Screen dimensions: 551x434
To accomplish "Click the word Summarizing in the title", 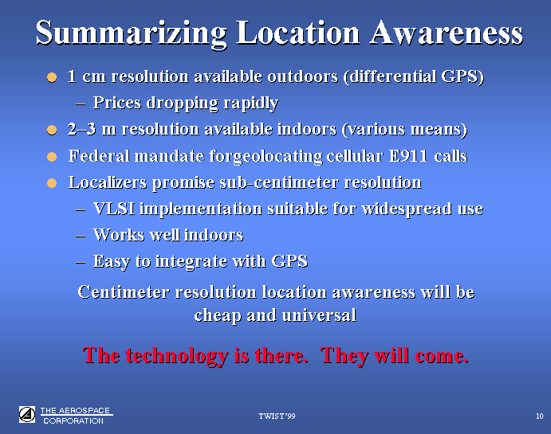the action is [131, 33].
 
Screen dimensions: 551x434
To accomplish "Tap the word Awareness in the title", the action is [446, 33].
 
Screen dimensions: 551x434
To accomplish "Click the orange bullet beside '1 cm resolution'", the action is [52, 77].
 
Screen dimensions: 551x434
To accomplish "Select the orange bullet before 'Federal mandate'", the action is [52, 156].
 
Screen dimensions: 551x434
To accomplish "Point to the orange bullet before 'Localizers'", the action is [52, 183].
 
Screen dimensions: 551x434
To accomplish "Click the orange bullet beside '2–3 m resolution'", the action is [52, 130].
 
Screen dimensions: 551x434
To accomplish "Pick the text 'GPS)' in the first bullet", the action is [462, 76].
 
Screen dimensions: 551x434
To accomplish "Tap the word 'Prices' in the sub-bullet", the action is [117, 103].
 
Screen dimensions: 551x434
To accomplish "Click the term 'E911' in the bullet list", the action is [408, 156].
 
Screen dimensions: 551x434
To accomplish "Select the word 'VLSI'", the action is [114, 209].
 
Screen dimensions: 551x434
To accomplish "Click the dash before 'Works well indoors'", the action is [81, 236].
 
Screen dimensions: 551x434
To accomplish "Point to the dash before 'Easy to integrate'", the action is [81, 262].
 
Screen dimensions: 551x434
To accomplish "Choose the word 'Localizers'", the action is [108, 182].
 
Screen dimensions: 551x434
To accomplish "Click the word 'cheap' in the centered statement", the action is [218, 316].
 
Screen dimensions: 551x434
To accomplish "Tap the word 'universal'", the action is [319, 315].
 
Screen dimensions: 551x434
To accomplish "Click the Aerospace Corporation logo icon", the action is [27, 415].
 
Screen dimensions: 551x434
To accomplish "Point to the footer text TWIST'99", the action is [277, 416].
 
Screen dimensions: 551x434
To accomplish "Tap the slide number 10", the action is [539, 416].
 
